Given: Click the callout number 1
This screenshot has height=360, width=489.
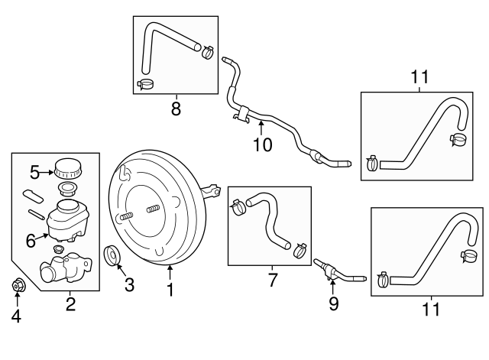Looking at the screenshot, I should [171, 290].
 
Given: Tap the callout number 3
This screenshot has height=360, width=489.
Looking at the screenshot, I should [129, 286].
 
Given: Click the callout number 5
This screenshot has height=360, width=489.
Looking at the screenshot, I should [34, 171].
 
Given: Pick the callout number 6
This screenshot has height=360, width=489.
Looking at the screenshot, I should [31, 240].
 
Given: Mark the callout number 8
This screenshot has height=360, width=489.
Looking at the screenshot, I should [176, 109].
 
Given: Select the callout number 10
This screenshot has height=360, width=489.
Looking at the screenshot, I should [262, 144].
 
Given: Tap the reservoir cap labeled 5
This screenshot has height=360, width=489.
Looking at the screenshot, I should [67, 167].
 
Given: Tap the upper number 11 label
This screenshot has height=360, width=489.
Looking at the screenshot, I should [419, 78].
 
